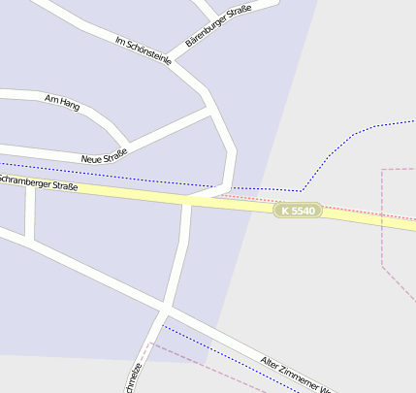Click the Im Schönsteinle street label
pyautogui.click(x=143, y=50)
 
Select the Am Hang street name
pyautogui.click(x=62, y=101)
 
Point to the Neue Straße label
pyautogui.click(x=104, y=155)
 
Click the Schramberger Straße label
pyautogui.click(x=39, y=182)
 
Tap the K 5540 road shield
pyautogui.click(x=297, y=211)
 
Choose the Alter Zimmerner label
pyautogui.click(x=296, y=376)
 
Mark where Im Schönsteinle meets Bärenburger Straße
pyautogui.click(x=175, y=64)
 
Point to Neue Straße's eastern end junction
pyautogui.click(x=212, y=111)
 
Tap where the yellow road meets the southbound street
pyautogui.click(x=187, y=201)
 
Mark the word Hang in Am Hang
pyautogui.click(x=69, y=103)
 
